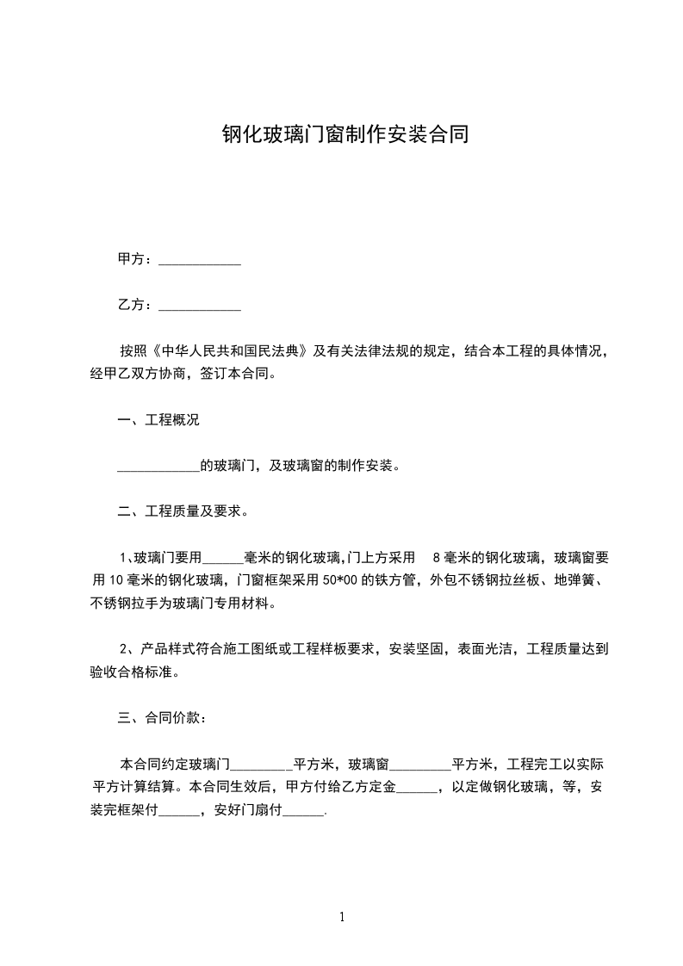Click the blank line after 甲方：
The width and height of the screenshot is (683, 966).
click(x=201, y=259)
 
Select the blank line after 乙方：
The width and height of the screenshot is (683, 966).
click(x=201, y=305)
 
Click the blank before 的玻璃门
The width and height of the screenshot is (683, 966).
click(x=158, y=467)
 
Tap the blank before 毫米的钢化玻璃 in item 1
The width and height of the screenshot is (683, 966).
click(x=223, y=558)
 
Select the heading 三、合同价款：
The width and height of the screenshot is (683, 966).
click(x=161, y=718)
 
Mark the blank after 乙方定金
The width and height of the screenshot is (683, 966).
click(x=418, y=787)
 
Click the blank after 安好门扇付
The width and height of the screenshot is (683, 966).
click(x=303, y=809)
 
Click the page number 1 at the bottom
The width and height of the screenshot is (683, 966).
click(x=342, y=918)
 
